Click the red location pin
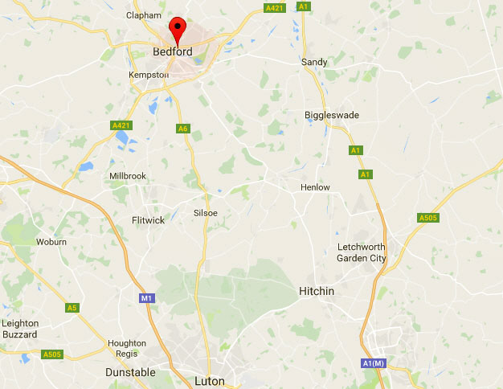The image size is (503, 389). coord(177,29)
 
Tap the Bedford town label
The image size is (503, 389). coord(172,52)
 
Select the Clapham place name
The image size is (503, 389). coord(144,15)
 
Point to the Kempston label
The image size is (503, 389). coord(149,75)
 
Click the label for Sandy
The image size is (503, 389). coord(314,62)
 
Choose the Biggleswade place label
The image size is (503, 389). coord(332,115)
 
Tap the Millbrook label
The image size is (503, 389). coord(129,175)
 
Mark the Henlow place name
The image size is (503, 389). coord(315,187)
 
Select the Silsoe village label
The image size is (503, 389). coord(206,213)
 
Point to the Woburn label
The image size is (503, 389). coord(51,241)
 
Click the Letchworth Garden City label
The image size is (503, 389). coord(362,252)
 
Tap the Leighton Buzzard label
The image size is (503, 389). coord(20,328)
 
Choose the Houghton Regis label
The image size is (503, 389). coord(127,348)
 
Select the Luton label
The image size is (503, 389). coord(211,381)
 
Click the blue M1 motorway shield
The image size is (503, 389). coord(146,298)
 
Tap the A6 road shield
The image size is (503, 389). coord(183,129)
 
